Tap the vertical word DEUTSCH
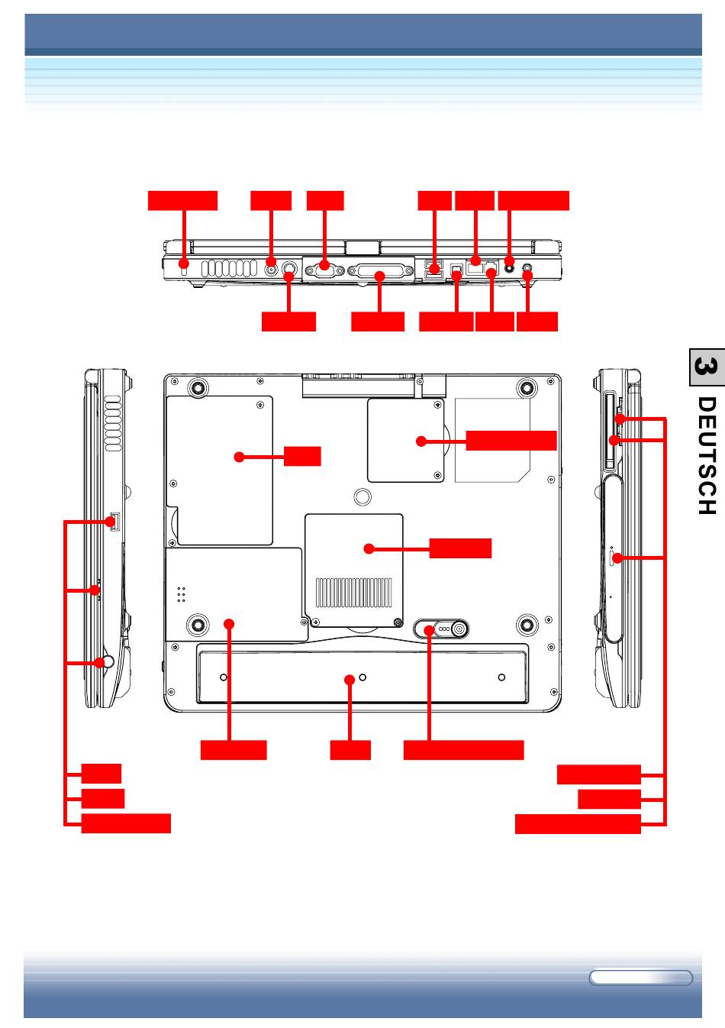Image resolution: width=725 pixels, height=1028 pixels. (x=706, y=465)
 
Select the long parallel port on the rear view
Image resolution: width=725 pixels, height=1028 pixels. (x=379, y=273)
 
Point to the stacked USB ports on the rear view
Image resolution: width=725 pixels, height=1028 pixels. (x=433, y=269)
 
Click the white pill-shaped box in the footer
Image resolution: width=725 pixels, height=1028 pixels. (x=640, y=978)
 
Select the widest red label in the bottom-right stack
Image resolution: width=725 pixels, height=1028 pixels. (x=577, y=824)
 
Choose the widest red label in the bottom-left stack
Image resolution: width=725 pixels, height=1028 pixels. (x=126, y=823)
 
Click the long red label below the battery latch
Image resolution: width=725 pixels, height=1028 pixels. (x=463, y=749)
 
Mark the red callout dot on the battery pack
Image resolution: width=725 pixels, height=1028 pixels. (x=350, y=678)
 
